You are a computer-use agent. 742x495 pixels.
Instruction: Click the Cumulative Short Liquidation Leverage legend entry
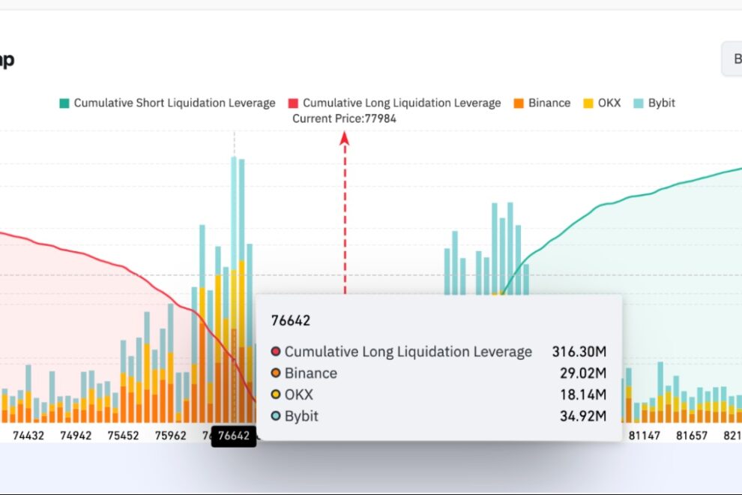(x=167, y=103)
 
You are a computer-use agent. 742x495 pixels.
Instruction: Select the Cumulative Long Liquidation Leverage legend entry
(x=394, y=103)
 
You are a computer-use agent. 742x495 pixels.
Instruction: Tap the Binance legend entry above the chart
(x=542, y=103)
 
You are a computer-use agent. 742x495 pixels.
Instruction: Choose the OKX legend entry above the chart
(x=602, y=103)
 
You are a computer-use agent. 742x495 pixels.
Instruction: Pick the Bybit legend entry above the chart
(x=654, y=103)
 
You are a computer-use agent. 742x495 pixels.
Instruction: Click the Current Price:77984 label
(x=344, y=118)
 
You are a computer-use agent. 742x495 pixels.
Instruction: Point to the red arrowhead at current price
(x=345, y=138)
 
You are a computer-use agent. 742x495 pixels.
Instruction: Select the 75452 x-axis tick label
(x=124, y=436)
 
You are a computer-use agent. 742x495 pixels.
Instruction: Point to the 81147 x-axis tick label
(x=645, y=436)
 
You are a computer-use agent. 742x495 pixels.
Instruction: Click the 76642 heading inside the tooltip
(x=291, y=321)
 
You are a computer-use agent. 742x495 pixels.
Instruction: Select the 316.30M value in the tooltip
(x=579, y=352)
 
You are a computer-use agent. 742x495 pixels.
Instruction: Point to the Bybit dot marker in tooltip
(x=276, y=415)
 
